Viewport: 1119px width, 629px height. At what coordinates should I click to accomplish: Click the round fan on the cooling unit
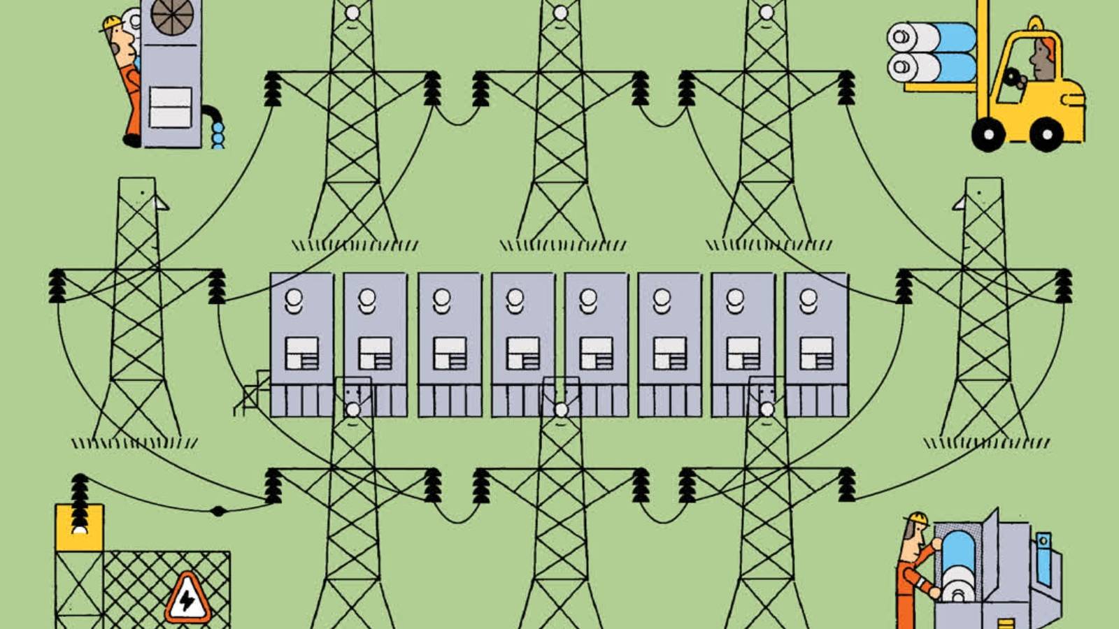click(172, 17)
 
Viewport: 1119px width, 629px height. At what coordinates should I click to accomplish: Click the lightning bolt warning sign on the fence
click(187, 600)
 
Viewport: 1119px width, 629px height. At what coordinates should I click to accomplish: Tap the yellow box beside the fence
click(79, 528)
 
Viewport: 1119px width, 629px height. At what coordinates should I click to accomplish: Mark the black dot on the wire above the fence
click(218, 511)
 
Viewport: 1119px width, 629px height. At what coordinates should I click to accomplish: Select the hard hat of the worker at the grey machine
click(918, 518)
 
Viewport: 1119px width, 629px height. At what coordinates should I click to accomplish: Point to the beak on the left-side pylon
click(162, 203)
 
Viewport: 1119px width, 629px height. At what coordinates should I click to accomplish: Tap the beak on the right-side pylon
click(959, 203)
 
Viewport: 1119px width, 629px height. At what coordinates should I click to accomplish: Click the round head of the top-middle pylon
click(559, 13)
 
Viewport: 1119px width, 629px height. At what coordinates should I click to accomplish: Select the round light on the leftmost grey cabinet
click(294, 299)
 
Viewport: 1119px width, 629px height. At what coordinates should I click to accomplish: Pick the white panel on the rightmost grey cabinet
click(816, 353)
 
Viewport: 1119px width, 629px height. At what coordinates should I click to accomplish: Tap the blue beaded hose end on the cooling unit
click(218, 134)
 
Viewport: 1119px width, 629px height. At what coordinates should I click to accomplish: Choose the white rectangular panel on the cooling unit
click(170, 107)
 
